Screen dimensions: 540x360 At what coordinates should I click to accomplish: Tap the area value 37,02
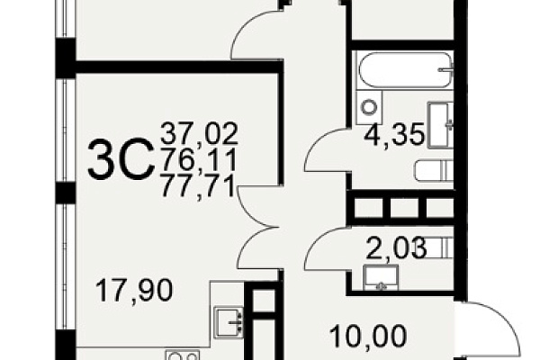coord(200,133)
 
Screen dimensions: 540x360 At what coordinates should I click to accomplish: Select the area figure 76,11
coord(199,159)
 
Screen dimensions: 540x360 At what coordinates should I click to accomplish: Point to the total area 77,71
coord(198,186)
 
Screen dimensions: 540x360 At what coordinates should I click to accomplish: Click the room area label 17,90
coord(134,291)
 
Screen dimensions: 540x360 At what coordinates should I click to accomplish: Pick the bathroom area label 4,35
coord(395,136)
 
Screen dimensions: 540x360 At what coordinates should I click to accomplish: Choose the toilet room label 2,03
coord(396,248)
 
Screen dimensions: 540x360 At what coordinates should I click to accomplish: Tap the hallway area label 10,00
coord(368,336)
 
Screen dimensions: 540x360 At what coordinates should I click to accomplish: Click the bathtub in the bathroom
coord(405,70)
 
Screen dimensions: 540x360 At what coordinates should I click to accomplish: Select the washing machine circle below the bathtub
coord(370,107)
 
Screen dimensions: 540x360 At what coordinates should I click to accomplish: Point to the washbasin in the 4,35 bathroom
coord(440,125)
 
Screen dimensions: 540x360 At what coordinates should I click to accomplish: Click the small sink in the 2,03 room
coord(382,278)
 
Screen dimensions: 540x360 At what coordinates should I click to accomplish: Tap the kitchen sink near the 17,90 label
coord(229,323)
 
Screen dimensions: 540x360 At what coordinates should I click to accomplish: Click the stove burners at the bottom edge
coord(183,355)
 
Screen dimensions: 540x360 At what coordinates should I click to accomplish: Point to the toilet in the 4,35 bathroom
coord(435,172)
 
